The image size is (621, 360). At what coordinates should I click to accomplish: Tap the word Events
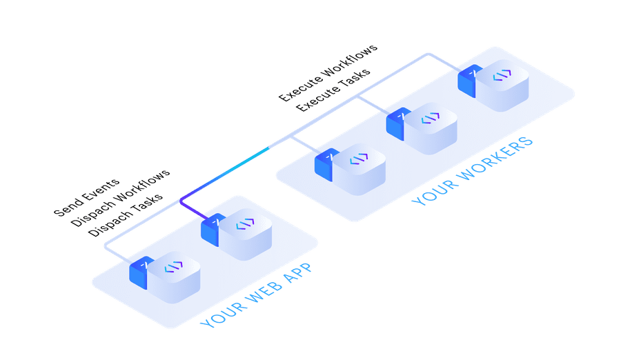click(98, 189)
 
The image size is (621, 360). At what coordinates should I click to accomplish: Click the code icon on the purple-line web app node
click(245, 224)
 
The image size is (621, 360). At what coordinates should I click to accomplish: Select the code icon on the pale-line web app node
click(173, 267)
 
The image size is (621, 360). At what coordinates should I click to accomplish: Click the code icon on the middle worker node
click(431, 118)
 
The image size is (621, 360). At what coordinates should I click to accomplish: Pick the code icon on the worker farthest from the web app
click(502, 75)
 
